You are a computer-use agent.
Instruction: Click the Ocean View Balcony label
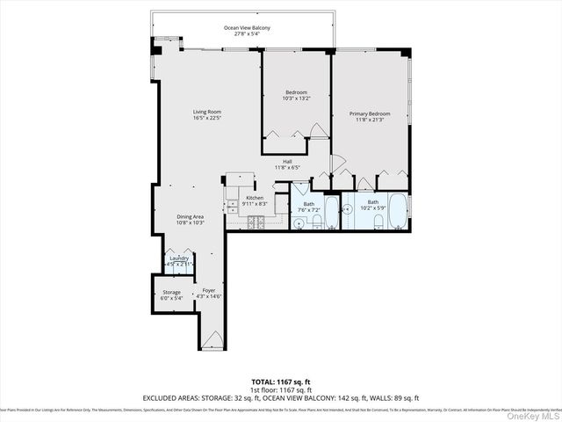(247, 28)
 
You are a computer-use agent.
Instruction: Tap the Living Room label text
(208, 112)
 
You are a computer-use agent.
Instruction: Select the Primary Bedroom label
(370, 114)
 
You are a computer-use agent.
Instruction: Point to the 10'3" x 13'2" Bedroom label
(297, 95)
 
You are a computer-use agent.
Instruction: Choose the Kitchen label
(255, 198)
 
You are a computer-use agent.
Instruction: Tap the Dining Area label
(191, 217)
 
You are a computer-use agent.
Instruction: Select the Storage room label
(171, 293)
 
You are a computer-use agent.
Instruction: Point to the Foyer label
(208, 291)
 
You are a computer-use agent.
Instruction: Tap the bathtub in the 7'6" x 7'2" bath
(332, 211)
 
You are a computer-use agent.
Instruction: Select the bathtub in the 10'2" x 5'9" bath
(396, 211)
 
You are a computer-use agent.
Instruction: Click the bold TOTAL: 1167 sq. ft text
(281, 382)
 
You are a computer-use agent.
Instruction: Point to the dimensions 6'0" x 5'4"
(171, 298)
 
